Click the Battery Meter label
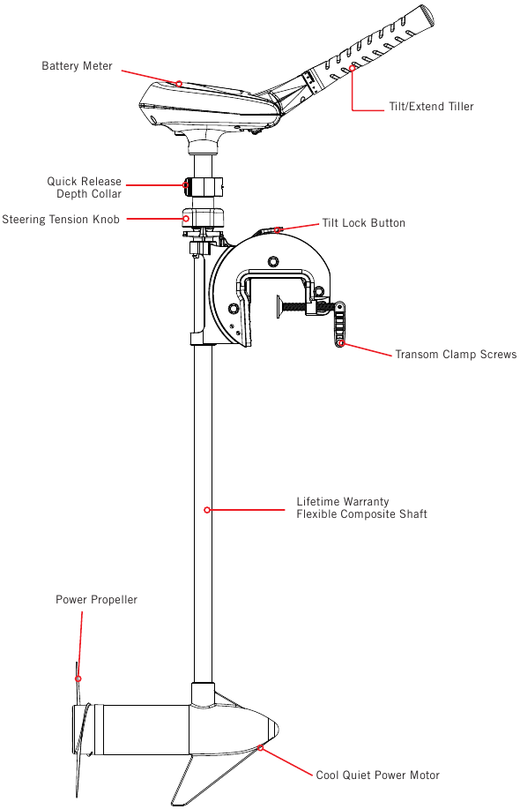[77, 66]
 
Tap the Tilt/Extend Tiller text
[431, 106]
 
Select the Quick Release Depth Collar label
[84, 188]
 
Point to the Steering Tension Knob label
[61, 220]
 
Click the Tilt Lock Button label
[364, 223]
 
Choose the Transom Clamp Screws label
[456, 355]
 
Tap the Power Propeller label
[96, 600]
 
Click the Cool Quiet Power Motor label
[378, 775]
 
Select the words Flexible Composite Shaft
[361, 513]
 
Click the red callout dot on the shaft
[207, 510]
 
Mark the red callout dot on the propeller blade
[78, 679]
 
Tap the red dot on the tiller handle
[353, 68]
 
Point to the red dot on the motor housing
[261, 747]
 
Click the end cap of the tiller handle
[427, 16]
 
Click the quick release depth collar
[204, 186]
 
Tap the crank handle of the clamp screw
[339, 324]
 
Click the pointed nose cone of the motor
[273, 728]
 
